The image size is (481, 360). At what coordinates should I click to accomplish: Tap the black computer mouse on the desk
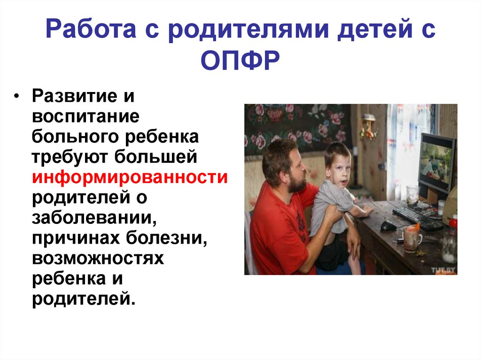(388, 226)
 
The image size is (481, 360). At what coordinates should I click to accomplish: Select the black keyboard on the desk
(416, 217)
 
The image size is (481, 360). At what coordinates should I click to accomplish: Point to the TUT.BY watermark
(443, 270)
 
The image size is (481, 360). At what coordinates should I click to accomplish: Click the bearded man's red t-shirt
(277, 230)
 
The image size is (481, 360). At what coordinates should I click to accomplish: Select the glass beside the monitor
(412, 194)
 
